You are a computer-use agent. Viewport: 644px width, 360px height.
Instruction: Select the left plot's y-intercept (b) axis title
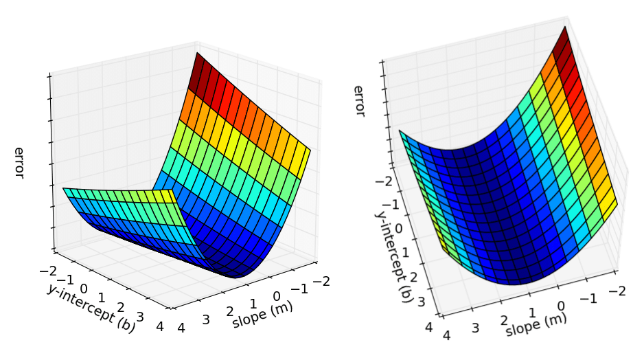click(x=91, y=309)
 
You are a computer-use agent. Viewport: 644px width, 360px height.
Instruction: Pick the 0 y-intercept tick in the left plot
click(x=84, y=287)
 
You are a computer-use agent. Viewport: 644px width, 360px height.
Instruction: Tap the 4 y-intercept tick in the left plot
click(x=160, y=327)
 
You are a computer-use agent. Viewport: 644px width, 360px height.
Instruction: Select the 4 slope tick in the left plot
click(x=181, y=328)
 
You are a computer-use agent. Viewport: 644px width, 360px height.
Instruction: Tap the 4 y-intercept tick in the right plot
click(x=429, y=328)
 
